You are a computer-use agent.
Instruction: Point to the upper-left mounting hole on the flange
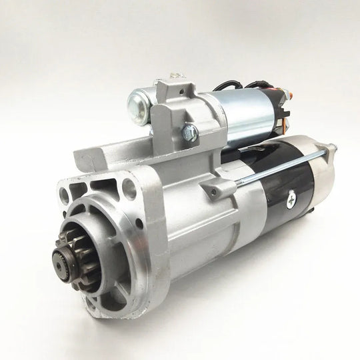pos(64,195)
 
